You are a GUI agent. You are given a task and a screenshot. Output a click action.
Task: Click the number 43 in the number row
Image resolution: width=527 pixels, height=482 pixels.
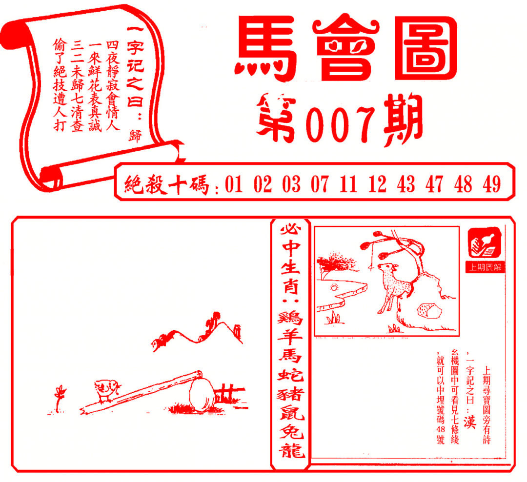point(406,184)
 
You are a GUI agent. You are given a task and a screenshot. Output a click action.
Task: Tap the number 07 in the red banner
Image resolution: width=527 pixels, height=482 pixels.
point(320,184)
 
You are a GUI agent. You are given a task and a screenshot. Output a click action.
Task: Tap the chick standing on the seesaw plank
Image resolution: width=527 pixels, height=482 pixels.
point(106,390)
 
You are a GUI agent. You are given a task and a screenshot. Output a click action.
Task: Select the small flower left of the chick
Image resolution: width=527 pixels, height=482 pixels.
point(60,397)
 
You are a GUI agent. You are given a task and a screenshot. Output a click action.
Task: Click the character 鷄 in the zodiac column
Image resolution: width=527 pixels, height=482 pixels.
point(292,320)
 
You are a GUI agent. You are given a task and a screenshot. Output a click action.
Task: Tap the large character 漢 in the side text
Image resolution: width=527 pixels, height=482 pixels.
point(469,420)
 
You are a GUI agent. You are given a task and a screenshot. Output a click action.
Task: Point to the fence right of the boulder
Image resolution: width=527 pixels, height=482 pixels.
point(228,392)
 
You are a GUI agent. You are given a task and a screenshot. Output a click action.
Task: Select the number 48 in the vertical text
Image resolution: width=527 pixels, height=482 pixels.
point(441,428)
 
